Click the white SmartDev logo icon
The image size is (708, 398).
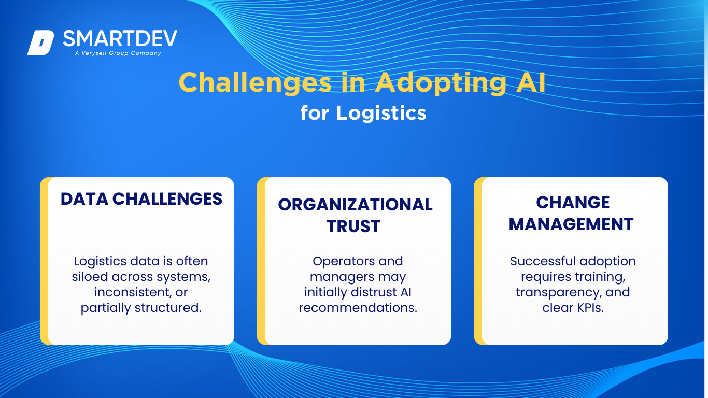[41, 42]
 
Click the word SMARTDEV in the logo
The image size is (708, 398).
[120, 38]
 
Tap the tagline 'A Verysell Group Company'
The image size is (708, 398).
[118, 53]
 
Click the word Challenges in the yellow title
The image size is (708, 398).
[255, 83]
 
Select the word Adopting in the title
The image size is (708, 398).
[441, 83]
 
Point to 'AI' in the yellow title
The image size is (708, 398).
[531, 82]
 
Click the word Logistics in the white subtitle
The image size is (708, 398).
[381, 113]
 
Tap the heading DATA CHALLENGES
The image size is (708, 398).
[141, 199]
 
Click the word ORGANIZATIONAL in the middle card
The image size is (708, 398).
[355, 205]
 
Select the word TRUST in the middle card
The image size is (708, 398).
[353, 226]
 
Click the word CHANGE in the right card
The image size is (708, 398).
[573, 202]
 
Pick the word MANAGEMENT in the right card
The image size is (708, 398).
[571, 224]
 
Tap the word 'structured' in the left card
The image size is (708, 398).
[168, 308]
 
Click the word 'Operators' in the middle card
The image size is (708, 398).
[343, 262]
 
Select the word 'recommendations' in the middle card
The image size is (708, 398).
[358, 308]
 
